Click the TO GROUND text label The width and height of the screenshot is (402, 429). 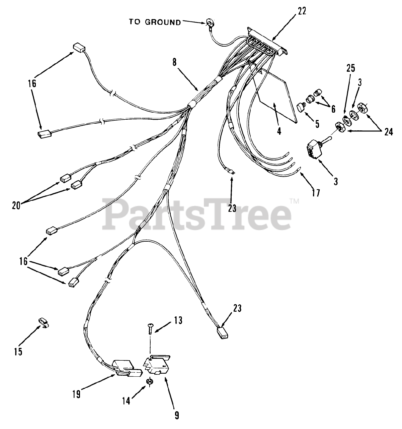155,22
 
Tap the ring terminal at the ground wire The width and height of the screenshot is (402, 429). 210,23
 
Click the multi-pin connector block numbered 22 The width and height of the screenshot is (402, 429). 267,42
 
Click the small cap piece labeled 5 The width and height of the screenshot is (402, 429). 300,108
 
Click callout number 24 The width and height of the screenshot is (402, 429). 388,132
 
